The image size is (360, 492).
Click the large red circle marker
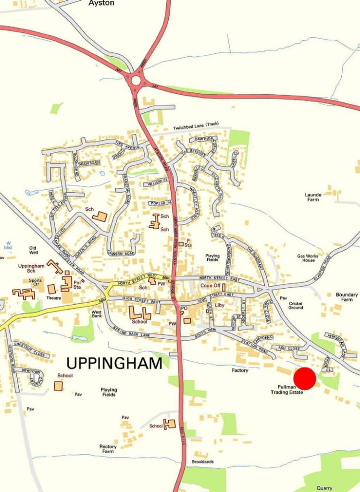coord(305,379)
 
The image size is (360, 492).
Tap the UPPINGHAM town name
coord(114,363)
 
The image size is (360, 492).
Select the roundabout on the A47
coord(136,80)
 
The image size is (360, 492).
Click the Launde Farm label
coord(313,197)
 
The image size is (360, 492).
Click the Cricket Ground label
coord(296,305)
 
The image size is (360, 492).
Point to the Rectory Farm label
coord(108,449)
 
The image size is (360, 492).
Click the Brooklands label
coord(202,462)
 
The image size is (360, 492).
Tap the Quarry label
coord(324,488)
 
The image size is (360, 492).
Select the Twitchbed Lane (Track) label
coord(196,125)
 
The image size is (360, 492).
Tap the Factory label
coord(240,370)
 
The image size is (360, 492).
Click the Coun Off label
coord(210,286)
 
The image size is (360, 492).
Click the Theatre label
coord(54,298)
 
